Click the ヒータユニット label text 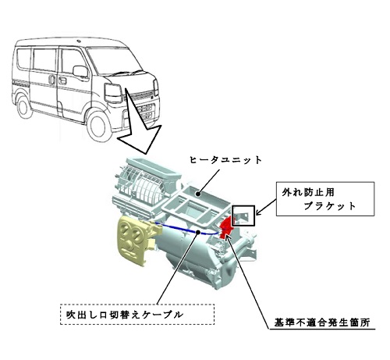tap(225, 160)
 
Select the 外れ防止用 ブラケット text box tap(325, 199)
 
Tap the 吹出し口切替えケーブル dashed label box tap(137, 314)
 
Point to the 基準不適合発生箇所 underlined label tap(322, 323)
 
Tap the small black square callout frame tap(243, 216)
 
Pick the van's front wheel tap(98, 127)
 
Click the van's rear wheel tap(24, 106)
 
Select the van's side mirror tap(80, 71)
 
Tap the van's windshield tap(114, 62)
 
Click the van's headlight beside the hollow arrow tap(113, 93)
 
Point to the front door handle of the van tap(62, 80)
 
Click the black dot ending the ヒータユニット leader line tap(198, 194)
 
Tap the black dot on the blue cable tap(199, 232)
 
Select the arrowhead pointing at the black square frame tap(258, 212)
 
